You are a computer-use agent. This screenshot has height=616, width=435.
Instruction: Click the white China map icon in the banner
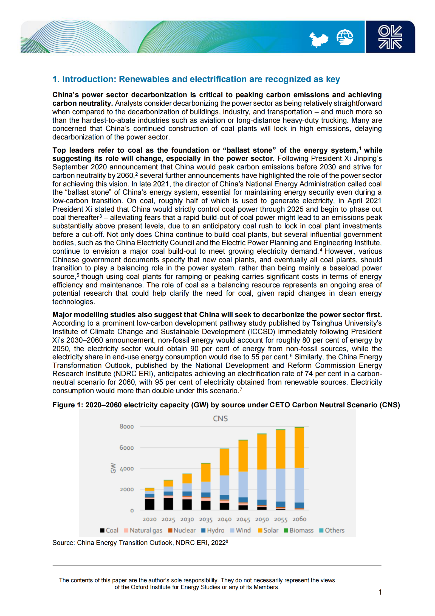318,39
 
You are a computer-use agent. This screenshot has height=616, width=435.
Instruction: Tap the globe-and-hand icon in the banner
345,37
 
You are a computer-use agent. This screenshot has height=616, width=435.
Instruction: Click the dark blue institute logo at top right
390,37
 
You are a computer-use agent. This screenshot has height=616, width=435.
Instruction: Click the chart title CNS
220,419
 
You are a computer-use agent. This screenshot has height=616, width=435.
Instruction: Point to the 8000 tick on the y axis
126,427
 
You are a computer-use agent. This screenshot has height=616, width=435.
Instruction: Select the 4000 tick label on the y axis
126,469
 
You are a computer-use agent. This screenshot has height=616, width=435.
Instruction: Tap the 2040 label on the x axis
224,519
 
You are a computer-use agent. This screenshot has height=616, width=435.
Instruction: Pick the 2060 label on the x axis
299,519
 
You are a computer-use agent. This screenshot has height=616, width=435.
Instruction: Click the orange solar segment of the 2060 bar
299,447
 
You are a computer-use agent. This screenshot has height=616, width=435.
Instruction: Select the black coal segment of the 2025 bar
168,504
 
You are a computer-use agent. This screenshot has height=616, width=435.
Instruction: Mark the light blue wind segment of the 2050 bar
262,485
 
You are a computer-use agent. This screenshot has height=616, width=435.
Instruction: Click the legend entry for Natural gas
143,530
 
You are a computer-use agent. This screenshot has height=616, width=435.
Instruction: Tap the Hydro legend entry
213,530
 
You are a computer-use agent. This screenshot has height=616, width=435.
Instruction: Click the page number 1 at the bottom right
380,592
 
